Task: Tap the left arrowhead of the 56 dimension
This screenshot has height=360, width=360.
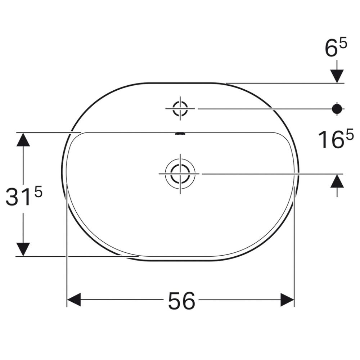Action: (74, 300)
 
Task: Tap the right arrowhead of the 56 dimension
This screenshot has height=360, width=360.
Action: (288, 300)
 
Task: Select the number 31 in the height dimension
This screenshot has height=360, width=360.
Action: (18, 198)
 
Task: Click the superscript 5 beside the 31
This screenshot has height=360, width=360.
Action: (38, 192)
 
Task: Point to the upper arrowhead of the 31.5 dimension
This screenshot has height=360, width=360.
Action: (23, 139)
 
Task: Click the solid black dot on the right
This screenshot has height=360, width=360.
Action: (337, 108)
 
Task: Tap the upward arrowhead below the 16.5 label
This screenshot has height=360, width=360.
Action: (337, 180)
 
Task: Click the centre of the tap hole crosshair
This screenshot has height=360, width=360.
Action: (180, 108)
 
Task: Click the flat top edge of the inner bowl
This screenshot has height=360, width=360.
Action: (144, 132)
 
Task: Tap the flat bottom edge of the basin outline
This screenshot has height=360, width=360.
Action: (180, 261)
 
